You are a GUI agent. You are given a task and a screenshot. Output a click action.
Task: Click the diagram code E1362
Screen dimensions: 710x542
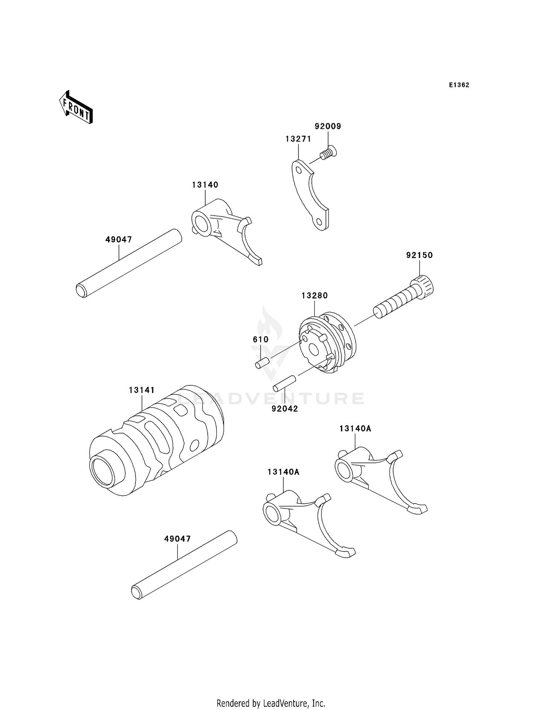459,85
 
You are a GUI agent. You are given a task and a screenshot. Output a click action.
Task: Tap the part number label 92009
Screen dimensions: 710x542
328,126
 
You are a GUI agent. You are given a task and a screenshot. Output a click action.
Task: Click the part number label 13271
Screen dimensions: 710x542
298,139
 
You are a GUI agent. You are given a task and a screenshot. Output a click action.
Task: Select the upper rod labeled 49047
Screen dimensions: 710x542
128,263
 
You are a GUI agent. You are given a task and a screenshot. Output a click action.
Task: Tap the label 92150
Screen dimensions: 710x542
419,255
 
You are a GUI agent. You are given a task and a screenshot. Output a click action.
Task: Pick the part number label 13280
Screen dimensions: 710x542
315,296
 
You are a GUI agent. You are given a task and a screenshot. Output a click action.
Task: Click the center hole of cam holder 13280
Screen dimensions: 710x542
313,349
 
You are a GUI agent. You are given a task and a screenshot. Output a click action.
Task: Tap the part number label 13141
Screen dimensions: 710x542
142,390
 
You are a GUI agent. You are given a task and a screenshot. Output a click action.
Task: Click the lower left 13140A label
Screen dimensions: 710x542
283,472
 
